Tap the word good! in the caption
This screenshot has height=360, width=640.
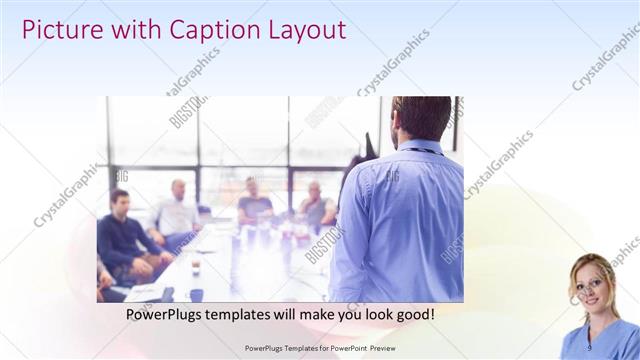pyautogui.click(x=413, y=314)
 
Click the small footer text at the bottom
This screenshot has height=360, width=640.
pyautogui.click(x=320, y=349)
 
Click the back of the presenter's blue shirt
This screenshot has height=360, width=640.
pyautogui.click(x=400, y=220)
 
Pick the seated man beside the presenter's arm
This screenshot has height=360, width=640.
pyautogui.click(x=317, y=205)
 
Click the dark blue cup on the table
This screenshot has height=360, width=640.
pyautogui.click(x=196, y=294)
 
